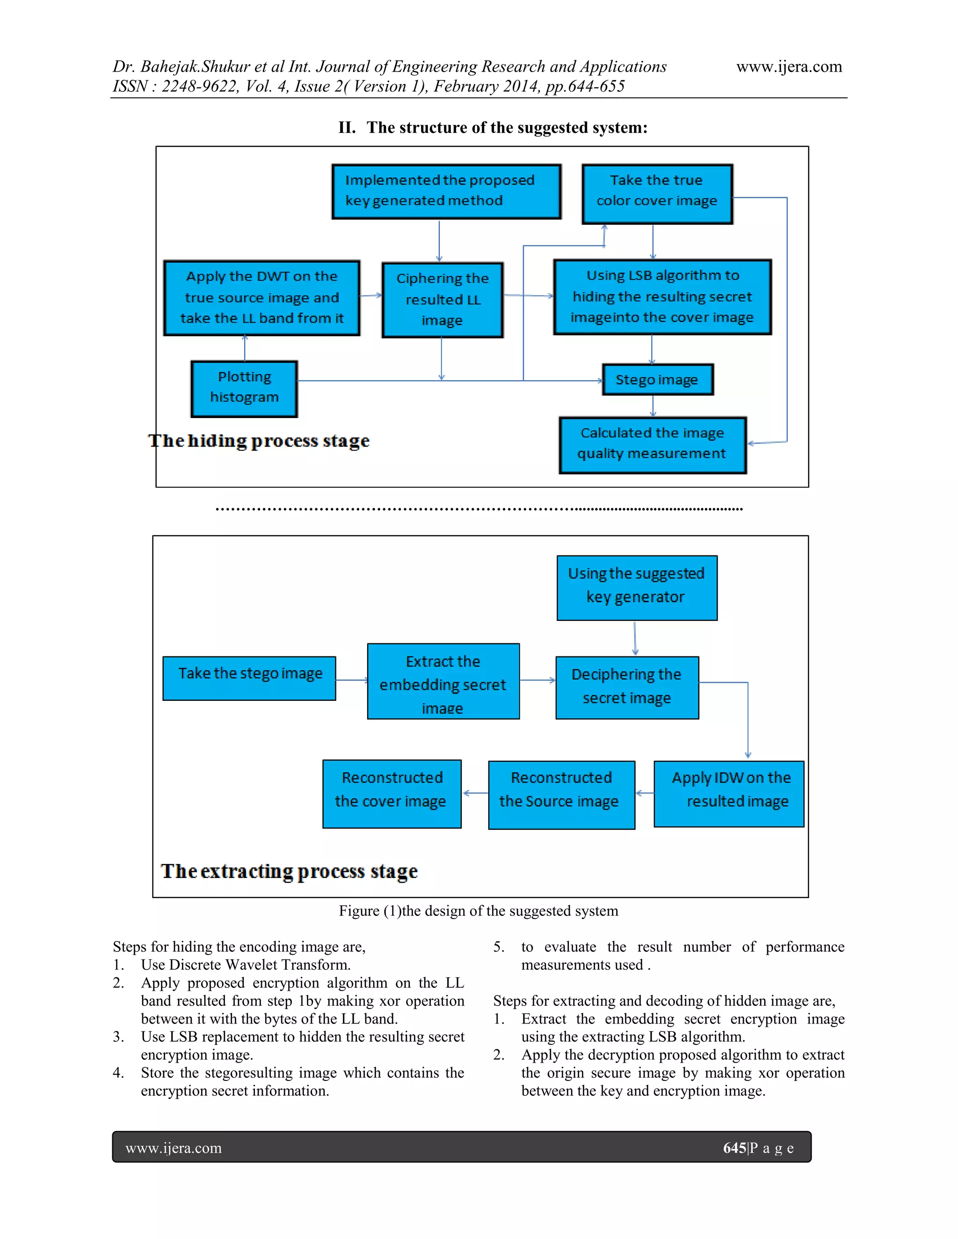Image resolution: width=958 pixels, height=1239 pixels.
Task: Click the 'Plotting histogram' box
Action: pos(245,389)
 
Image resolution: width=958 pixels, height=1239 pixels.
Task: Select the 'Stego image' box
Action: pos(657,380)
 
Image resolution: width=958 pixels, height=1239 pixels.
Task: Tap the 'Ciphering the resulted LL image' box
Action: pos(443,300)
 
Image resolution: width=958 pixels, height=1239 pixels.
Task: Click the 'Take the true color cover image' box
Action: pos(657,194)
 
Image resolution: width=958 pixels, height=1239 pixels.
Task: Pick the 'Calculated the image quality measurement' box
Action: pos(652,445)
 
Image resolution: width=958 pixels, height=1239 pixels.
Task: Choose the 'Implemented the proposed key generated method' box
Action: pos(447,191)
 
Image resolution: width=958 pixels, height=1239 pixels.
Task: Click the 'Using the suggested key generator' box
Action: pos(637,588)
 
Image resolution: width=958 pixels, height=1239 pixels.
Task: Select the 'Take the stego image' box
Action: pos(249,678)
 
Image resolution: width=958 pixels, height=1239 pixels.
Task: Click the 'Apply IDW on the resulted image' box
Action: pos(729,794)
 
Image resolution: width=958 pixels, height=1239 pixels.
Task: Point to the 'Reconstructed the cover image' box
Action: pos(392,794)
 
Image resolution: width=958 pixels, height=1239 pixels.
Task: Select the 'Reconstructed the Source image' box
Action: pos(561,795)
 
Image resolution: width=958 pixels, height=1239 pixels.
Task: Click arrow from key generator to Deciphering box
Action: pos(635,638)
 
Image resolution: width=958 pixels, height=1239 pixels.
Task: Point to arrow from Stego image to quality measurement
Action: pos(653,406)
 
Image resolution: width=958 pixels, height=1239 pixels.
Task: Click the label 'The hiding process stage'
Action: pos(259,441)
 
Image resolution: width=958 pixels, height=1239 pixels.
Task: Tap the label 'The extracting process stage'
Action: pos(289,871)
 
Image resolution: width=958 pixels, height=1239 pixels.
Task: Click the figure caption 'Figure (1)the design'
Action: pos(478,910)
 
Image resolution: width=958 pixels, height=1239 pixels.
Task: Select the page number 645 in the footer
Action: pos(734,1148)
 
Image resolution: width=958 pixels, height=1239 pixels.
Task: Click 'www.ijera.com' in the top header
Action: pos(789,67)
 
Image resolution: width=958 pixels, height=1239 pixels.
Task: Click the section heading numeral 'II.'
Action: pos(347,128)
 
